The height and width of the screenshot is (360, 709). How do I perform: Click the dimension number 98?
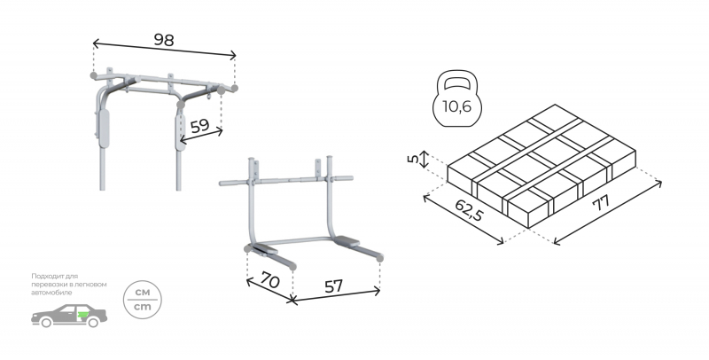pos(164,40)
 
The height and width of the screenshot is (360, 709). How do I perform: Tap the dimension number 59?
pos(199,126)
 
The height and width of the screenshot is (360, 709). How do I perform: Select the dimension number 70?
pos(270,281)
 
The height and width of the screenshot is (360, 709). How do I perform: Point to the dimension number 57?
pos(334,286)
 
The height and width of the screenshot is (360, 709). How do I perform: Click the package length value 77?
pos(602,203)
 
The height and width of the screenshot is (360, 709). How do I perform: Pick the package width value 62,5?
pos(469,210)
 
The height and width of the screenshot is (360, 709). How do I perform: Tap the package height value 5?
pos(413,160)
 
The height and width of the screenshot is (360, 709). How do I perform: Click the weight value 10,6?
pos(456,106)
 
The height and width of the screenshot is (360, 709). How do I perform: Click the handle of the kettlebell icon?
pos(457,82)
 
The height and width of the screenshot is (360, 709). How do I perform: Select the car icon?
pos(69,316)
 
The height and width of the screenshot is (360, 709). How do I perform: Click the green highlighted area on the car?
pos(82,314)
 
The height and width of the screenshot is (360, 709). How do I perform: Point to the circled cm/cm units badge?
pos(143,300)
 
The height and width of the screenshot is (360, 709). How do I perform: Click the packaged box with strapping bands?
pos(541,166)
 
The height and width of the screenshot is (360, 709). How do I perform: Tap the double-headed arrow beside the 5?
pos(424,160)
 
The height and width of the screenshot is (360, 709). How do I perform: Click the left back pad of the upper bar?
pos(104,129)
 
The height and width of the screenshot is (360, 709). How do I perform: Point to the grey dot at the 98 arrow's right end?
pos(234,88)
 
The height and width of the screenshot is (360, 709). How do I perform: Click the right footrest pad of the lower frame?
pos(347,241)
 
